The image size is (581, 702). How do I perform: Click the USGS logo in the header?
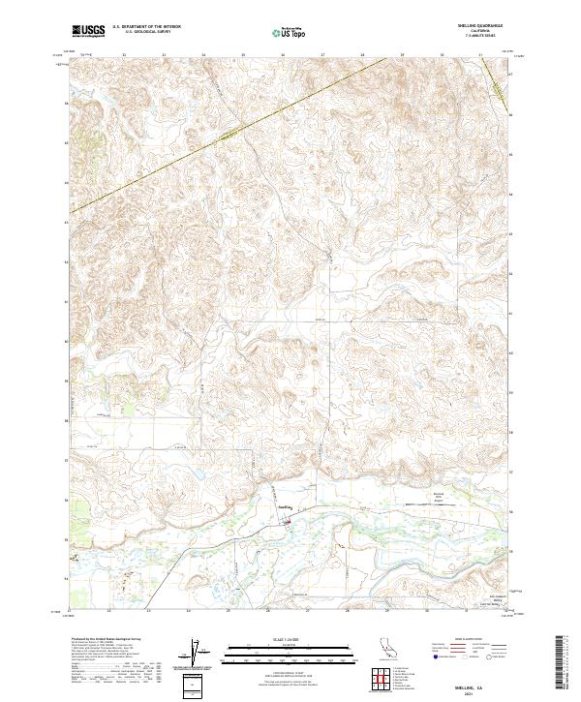click(x=89, y=31)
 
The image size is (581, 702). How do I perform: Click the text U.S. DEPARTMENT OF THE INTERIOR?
click(x=146, y=28)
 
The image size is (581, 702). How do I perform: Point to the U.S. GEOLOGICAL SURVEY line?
click(x=146, y=33)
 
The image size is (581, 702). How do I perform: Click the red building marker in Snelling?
click(x=287, y=523)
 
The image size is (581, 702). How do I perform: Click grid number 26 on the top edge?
click(x=282, y=55)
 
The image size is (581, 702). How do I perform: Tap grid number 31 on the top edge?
click(x=481, y=55)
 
